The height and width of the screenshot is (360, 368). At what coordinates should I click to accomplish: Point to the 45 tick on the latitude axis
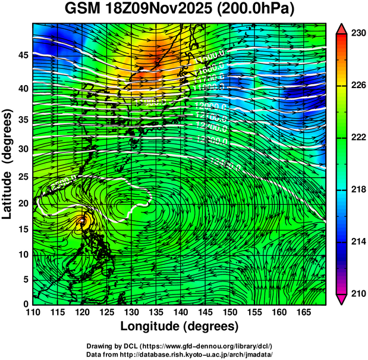click(x=23, y=55)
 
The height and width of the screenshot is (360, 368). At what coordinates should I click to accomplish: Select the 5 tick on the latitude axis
click(x=26, y=279)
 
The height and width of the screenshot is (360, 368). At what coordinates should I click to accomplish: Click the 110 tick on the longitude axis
click(x=33, y=312)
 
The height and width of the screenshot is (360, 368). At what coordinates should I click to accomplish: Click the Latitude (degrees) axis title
click(x=8, y=164)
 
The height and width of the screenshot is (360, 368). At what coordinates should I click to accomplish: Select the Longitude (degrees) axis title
click(x=180, y=327)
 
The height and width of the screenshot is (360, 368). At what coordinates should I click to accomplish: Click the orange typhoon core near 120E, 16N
click(x=82, y=221)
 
